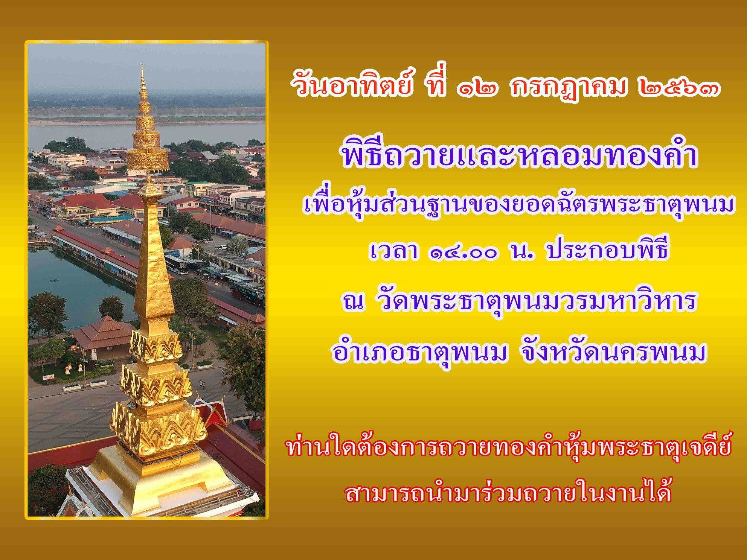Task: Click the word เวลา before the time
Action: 393,253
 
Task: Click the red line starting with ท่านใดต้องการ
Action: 509,451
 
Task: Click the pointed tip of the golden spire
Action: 142,65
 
